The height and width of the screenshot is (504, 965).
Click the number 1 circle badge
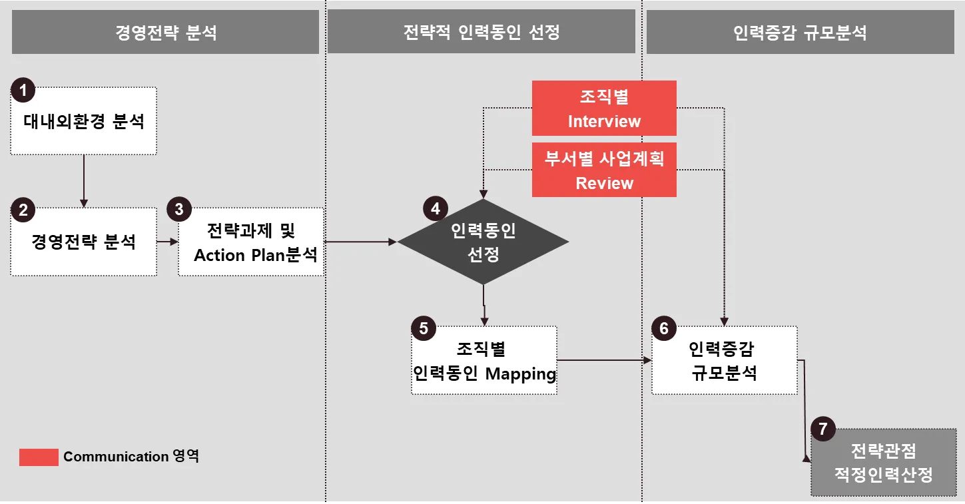click(23, 90)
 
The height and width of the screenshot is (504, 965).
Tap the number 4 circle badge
click(436, 209)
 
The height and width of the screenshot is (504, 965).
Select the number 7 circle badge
click(823, 429)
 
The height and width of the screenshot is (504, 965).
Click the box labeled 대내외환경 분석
click(84, 122)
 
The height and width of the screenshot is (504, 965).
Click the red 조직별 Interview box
click(604, 109)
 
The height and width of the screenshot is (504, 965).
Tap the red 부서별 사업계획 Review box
click(604, 170)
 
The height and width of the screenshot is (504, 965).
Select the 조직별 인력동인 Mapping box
click(484, 361)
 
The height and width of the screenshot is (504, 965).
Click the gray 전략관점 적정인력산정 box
click(884, 463)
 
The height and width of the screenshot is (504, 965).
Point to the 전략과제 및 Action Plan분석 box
click(251, 242)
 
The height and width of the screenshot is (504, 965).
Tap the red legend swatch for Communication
click(39, 457)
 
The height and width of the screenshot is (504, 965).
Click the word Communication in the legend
click(116, 457)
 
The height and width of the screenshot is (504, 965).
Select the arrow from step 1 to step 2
click(84, 180)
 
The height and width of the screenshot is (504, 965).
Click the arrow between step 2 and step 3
click(167, 242)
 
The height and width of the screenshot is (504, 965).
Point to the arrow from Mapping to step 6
click(603, 360)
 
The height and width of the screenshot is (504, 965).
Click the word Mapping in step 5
click(520, 374)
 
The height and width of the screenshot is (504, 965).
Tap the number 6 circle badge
click(663, 329)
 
